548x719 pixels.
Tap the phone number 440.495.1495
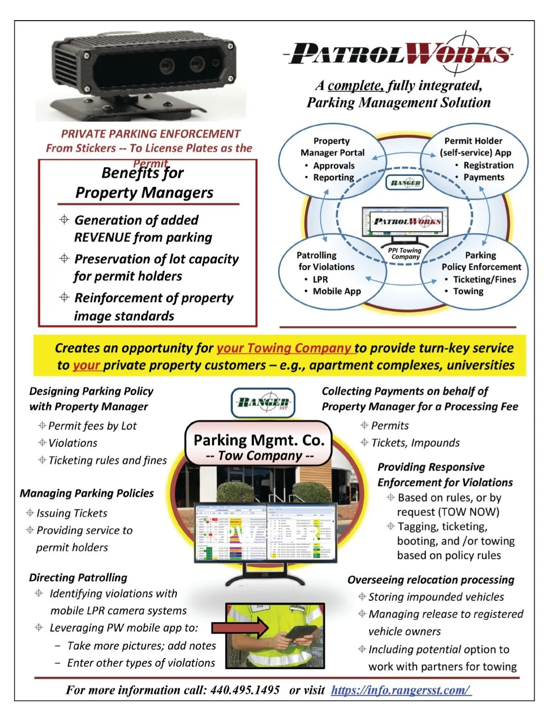[245, 690]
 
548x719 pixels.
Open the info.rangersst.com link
[401, 690]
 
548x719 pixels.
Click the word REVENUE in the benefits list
[103, 237]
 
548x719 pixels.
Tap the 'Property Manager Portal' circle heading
[332, 147]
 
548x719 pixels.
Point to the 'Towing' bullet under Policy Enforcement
[468, 291]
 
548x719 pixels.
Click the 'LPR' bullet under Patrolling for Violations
[320, 279]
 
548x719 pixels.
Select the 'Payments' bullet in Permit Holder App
[484, 177]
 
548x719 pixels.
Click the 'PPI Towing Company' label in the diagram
[405, 253]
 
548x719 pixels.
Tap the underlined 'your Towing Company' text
[284, 348]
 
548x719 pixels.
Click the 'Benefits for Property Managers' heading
[144, 183]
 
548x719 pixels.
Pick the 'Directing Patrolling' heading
[78, 577]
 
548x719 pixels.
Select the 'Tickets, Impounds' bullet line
[415, 443]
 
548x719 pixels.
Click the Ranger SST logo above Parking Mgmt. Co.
[263, 403]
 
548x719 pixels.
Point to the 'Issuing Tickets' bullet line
[72, 513]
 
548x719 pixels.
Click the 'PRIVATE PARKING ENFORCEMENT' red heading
[151, 134]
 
